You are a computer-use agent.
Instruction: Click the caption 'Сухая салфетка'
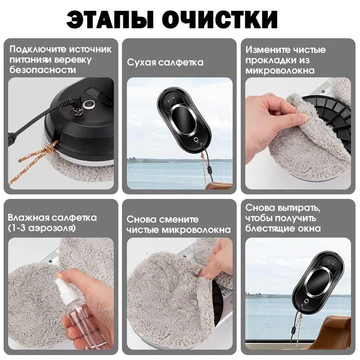pyautogui.click(x=165, y=63)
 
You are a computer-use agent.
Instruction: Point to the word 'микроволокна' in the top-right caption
pyautogui.click(x=279, y=70)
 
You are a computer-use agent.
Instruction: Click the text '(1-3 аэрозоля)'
pyautogui.click(x=42, y=228)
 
